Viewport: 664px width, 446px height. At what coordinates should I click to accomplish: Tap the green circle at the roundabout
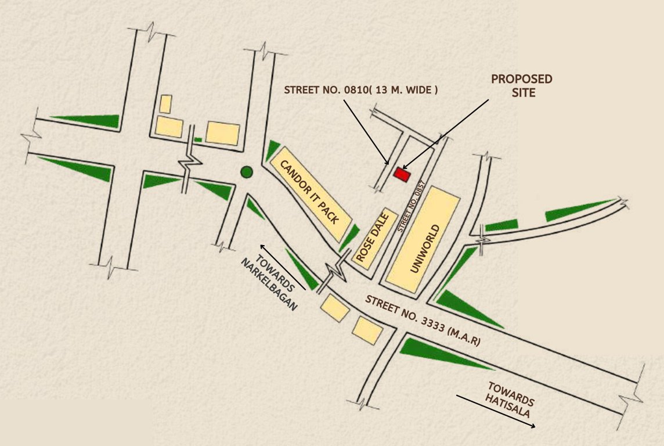[x=247, y=172]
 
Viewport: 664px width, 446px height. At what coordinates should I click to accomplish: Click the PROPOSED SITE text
[x=521, y=85]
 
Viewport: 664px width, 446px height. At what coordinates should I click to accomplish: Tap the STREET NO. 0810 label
[x=360, y=90]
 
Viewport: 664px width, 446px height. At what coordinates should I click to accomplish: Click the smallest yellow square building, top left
[x=165, y=104]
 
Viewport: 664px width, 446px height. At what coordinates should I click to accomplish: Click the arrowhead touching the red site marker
[x=405, y=168]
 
